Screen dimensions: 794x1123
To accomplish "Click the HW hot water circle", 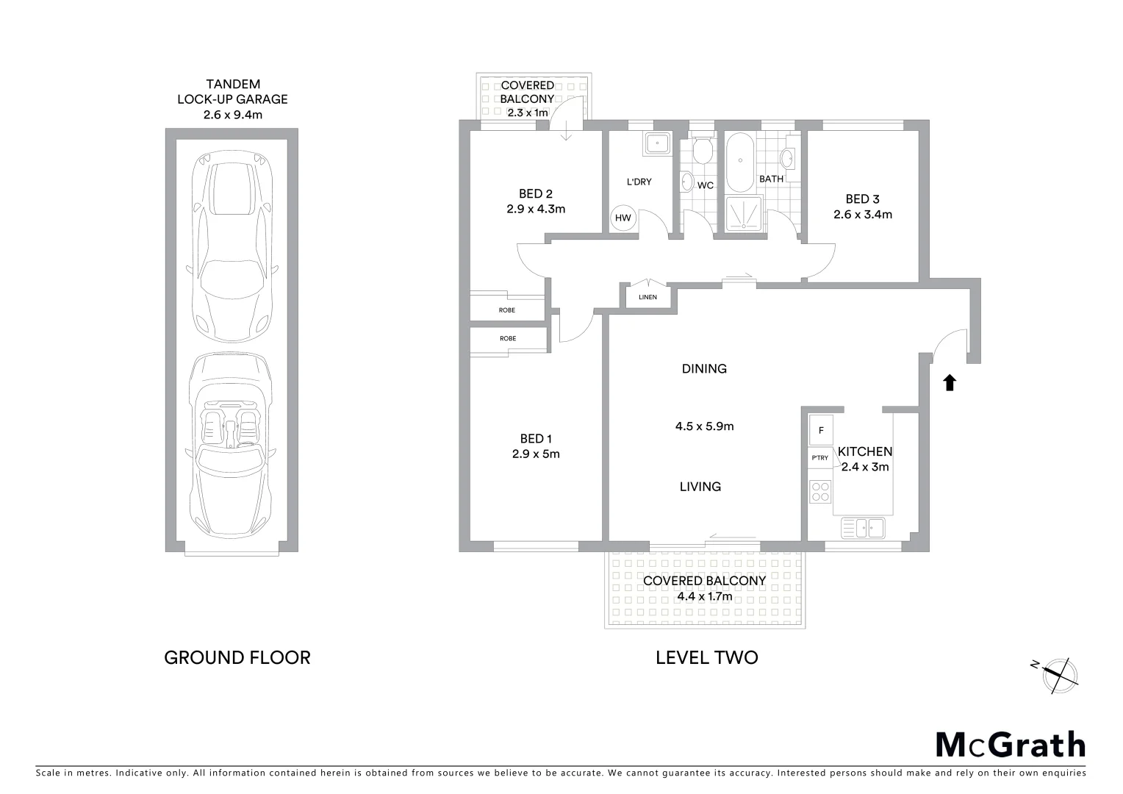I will click(623, 218).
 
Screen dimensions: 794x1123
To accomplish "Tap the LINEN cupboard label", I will click(647, 298).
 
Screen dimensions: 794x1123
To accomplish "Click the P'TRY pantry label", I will click(819, 458).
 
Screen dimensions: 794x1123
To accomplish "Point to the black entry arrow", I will click(950, 382).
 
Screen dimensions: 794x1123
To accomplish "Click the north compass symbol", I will click(1059, 674).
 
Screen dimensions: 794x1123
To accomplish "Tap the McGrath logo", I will click(1010, 744).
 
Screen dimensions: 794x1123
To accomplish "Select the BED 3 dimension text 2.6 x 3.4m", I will click(862, 215).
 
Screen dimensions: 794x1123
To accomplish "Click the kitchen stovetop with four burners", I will click(820, 491).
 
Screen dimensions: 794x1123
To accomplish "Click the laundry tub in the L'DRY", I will click(656, 144).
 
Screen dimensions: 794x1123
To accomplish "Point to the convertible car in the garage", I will click(232, 448).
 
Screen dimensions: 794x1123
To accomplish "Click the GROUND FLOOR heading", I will click(237, 657).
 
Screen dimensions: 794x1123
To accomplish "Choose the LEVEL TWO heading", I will click(706, 657).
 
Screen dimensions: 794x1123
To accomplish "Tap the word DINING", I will click(704, 369).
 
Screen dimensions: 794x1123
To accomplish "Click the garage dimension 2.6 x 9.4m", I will click(232, 115).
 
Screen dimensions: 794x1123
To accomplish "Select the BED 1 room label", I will click(536, 439).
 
